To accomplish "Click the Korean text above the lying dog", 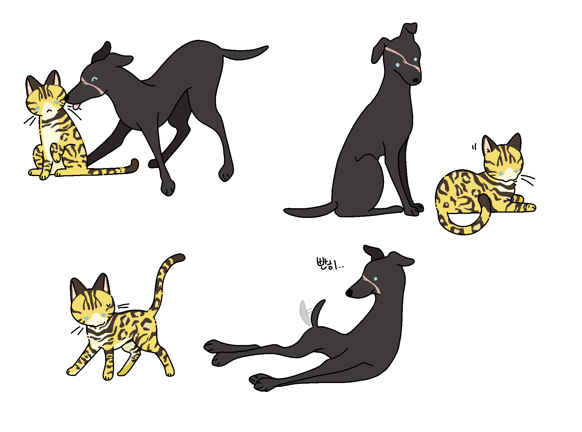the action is [330, 264].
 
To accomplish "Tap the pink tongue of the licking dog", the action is [76, 106].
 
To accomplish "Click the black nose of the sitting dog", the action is [416, 80].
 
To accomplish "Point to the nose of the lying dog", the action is [349, 293].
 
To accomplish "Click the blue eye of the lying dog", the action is [375, 279].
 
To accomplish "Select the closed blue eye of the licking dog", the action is [94, 79].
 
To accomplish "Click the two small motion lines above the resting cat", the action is [474, 147].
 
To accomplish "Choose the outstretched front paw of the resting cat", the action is [529, 207].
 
